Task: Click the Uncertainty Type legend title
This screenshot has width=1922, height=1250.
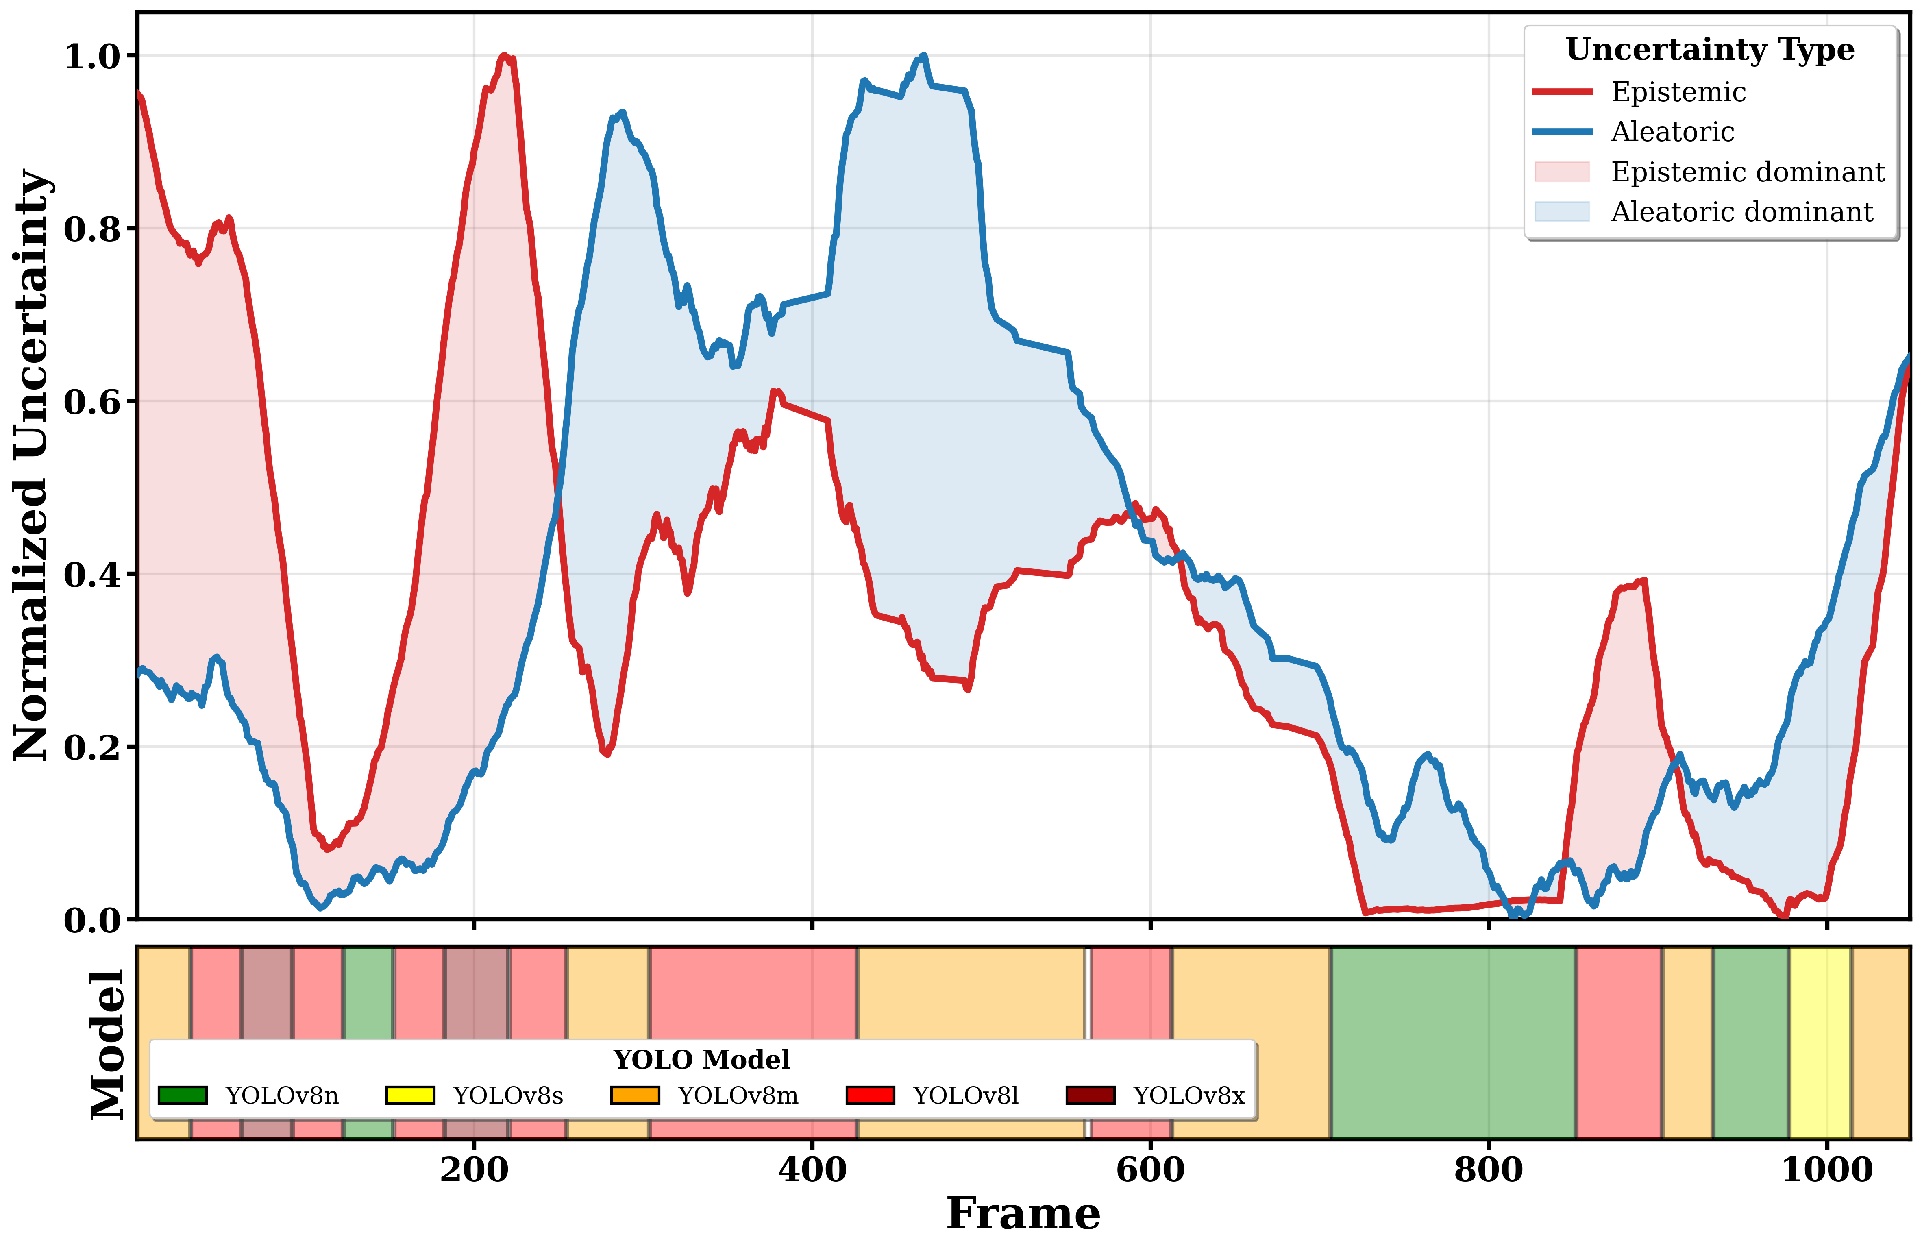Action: point(1710,50)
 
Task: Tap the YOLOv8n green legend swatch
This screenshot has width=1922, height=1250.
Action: point(183,1095)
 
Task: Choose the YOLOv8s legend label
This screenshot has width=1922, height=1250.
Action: point(508,1096)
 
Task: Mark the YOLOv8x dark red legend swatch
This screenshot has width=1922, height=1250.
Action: point(1090,1095)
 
